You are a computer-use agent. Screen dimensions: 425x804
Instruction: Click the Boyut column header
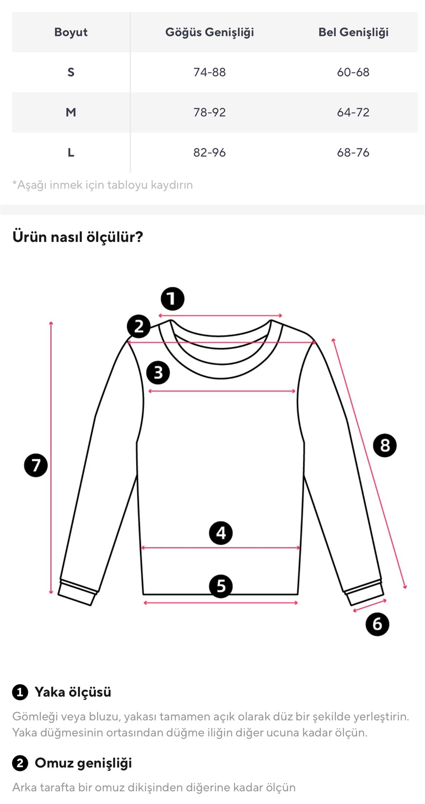pos(71,32)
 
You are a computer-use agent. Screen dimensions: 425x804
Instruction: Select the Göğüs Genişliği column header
pos(210,32)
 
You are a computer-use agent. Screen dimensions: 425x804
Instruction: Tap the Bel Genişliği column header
pos(353,32)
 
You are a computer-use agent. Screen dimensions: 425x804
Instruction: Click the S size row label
pos(71,72)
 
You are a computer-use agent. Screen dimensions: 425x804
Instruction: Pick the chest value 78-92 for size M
pos(210,113)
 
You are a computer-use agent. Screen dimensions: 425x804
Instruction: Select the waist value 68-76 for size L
pos(353,153)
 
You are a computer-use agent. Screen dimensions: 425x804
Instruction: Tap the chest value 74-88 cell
pos(210,72)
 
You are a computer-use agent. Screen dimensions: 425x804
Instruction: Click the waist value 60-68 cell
pos(353,72)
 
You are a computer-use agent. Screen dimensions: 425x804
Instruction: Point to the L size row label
pos(71,153)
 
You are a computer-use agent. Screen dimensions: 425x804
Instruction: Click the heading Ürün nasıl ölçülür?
pos(78,237)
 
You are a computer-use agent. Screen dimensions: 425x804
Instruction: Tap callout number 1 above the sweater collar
pos(172,299)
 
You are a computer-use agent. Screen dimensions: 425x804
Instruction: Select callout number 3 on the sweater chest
pos(158,373)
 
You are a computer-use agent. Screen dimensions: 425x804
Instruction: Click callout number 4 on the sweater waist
pos(221,533)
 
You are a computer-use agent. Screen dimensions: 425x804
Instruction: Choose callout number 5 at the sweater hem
pos(221,586)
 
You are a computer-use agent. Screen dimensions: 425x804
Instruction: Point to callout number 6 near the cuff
pos(377,624)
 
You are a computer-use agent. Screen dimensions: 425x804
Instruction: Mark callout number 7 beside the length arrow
pos(36,465)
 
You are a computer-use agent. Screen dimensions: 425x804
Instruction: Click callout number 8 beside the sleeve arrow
pos(385,446)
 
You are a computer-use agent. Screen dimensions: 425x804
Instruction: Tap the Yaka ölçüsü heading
pos(73,692)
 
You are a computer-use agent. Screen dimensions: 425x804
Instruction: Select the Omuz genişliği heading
pos(83,763)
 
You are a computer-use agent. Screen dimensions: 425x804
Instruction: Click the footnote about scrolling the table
pos(103,185)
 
